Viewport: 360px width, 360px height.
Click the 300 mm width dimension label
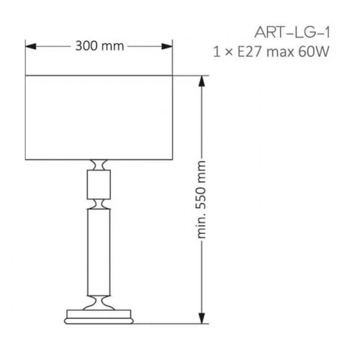(x=99, y=46)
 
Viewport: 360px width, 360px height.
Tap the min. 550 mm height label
(x=201, y=199)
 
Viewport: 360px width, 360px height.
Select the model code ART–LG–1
(x=292, y=32)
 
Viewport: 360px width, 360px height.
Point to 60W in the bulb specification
(x=314, y=52)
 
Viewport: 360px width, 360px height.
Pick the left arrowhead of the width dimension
(x=30, y=46)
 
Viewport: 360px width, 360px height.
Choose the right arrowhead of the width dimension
(x=167, y=46)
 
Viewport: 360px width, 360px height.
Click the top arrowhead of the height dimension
(x=202, y=81)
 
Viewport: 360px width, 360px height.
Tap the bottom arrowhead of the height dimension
(x=202, y=318)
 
